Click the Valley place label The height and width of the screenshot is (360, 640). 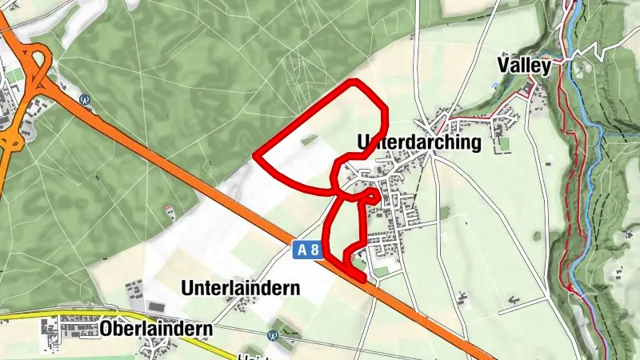[524, 65]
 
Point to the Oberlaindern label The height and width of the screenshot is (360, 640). [156, 328]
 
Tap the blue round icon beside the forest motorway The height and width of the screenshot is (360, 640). [85, 100]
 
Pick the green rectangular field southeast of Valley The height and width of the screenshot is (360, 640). [502, 144]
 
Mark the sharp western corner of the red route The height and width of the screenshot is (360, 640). [255, 154]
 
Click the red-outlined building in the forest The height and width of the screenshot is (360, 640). [169, 211]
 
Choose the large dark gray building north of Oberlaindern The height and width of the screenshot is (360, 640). [154, 306]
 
